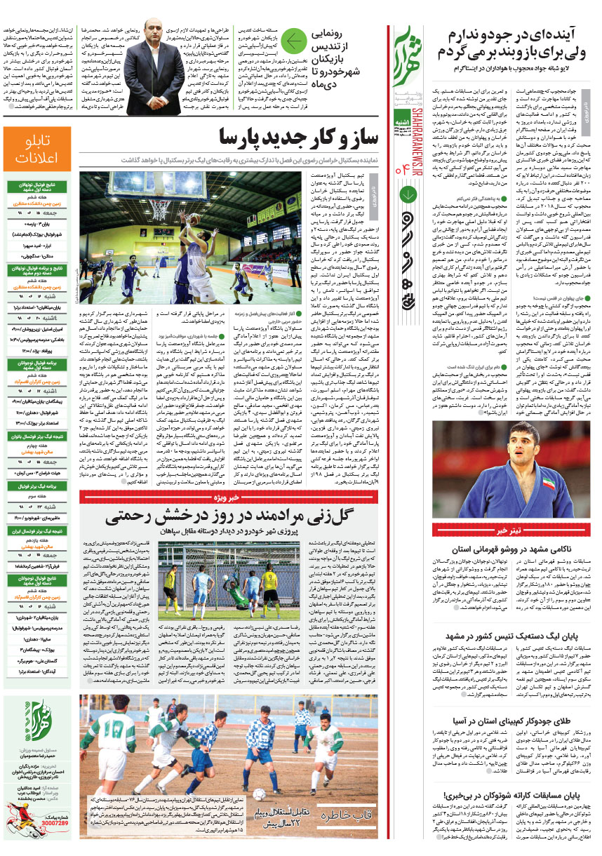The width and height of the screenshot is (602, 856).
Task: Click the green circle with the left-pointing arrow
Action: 296,42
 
